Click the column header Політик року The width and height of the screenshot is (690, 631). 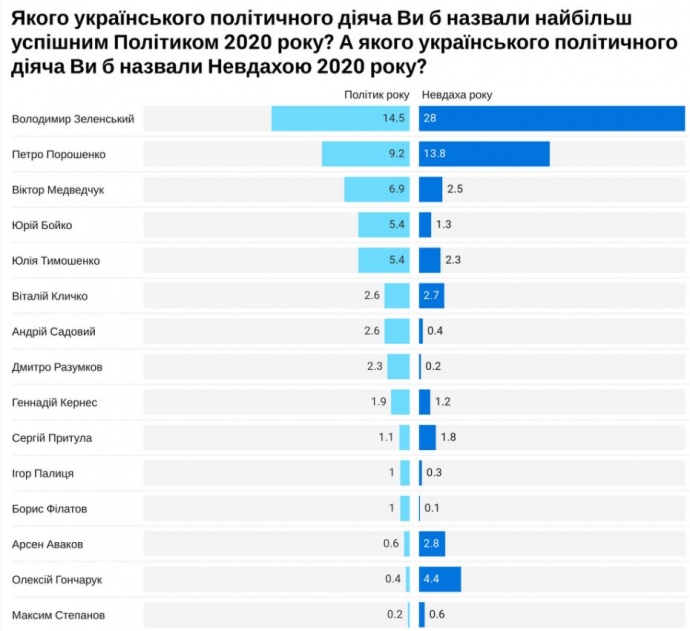pyautogui.click(x=376, y=95)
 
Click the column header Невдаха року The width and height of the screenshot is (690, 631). pyautogui.click(x=456, y=95)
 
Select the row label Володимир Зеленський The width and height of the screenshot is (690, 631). pyautogui.click(x=73, y=119)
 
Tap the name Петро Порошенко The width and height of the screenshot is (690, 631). pyautogui.click(x=58, y=155)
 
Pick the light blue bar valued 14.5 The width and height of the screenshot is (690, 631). pyautogui.click(x=340, y=119)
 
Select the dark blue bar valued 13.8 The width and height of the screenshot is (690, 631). pyautogui.click(x=485, y=155)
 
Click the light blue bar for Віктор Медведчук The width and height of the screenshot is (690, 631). pyautogui.click(x=377, y=190)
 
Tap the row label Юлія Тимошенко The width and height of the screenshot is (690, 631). pyautogui.click(x=56, y=261)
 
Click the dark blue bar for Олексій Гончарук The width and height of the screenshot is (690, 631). pyautogui.click(x=440, y=579)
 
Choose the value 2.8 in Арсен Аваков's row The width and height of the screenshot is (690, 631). pyautogui.click(x=432, y=544)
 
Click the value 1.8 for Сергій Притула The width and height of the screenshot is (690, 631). pyautogui.click(x=448, y=438)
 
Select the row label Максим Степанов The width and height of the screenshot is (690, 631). pyautogui.click(x=58, y=615)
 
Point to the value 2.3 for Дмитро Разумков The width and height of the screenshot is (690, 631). pyautogui.click(x=375, y=367)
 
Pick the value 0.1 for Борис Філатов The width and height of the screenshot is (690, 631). pyautogui.click(x=432, y=509)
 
